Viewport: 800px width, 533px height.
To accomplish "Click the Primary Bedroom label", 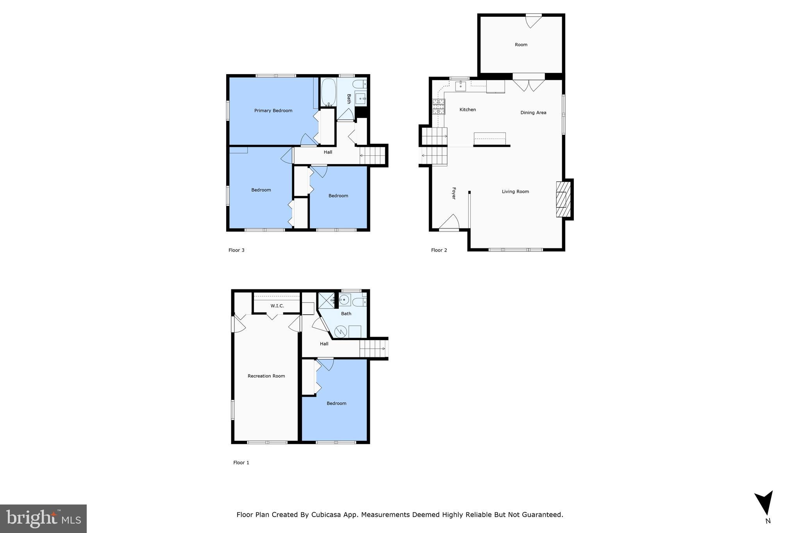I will (273, 111).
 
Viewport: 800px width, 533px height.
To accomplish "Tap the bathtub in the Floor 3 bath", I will (328, 92).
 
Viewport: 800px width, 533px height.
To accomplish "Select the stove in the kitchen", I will (439, 107).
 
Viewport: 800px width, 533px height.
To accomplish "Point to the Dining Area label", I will (533, 112).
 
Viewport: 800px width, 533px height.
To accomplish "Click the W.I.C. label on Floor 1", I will (277, 306).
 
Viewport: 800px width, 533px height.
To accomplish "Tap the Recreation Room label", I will (266, 376).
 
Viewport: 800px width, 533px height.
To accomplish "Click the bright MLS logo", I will (43, 519).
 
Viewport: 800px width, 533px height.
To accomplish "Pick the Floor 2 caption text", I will (439, 250).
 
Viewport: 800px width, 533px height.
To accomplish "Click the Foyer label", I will (454, 193).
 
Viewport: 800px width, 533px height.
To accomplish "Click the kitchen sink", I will (461, 86).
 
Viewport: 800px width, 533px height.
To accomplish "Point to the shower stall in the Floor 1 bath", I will (325, 300).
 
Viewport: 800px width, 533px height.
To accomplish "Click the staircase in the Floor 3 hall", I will (372, 155).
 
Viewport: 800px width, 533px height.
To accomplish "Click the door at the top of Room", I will (533, 21).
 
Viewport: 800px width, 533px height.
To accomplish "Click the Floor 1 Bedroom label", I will (336, 403).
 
